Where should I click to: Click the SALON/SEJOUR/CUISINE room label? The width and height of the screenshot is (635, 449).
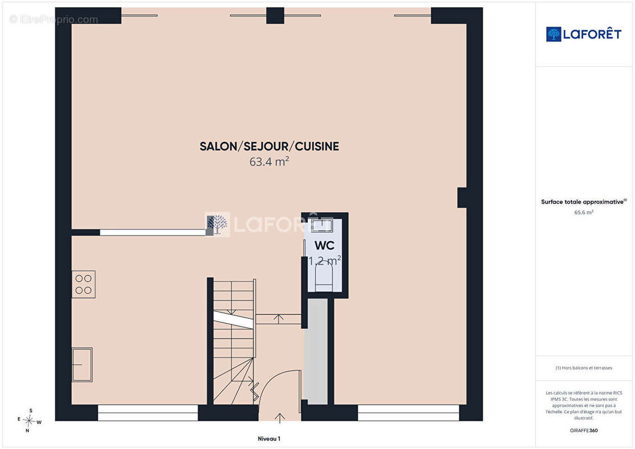[269, 146]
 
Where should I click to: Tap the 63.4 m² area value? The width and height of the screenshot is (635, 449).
[269, 162]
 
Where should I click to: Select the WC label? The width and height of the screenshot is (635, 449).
[325, 245]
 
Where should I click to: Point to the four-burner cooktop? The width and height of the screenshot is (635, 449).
[84, 284]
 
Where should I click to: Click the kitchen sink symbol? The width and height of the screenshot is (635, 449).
[82, 364]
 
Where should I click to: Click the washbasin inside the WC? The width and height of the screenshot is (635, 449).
[322, 225]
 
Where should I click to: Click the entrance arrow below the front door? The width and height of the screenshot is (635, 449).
[280, 418]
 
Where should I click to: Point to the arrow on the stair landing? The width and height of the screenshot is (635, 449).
[278, 319]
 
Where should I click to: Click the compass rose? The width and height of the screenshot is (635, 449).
[29, 421]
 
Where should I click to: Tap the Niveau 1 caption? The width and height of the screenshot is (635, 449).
[269, 438]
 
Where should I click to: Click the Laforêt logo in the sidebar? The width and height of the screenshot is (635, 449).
[583, 34]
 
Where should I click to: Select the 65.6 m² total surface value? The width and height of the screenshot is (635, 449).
[583, 212]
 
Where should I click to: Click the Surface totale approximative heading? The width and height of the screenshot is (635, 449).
[583, 201]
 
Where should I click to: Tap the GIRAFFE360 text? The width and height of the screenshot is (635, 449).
[583, 430]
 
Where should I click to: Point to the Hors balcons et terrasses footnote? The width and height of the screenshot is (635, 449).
[583, 368]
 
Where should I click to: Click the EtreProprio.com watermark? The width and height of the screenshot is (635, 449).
[54, 20]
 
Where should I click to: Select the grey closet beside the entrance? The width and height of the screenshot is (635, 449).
[316, 351]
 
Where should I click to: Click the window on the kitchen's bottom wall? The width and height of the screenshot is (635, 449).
[148, 413]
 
